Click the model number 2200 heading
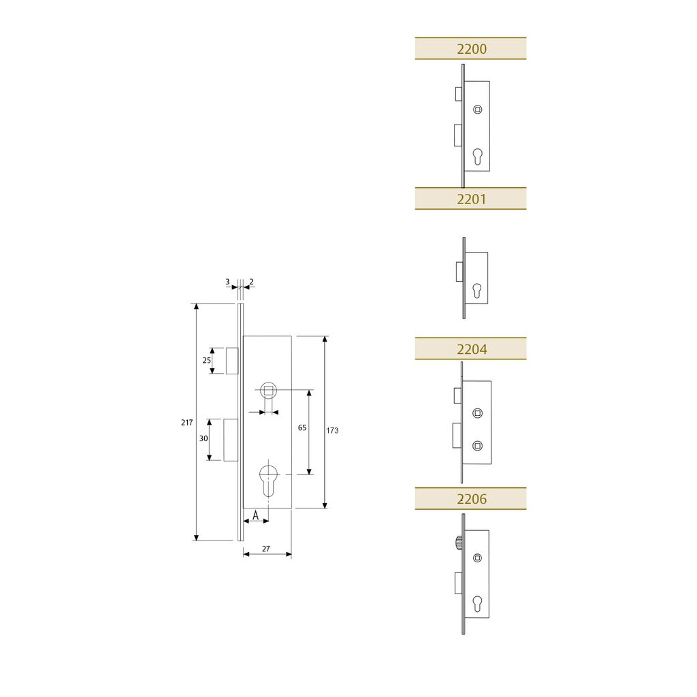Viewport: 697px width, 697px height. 471,49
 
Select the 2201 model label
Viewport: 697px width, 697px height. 471,199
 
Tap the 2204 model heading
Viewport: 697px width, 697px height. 471,349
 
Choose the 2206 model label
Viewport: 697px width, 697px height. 471,499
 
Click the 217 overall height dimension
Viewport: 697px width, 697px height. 187,422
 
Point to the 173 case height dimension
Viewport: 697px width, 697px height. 332,430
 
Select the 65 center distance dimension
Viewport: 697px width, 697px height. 302,427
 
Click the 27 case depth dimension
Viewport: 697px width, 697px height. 266,549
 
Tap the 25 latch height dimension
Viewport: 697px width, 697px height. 207,360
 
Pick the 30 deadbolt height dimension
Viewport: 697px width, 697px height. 204,438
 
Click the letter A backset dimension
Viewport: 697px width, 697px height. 256,515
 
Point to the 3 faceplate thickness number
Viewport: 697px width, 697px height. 227,282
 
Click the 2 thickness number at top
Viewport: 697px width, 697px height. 251,282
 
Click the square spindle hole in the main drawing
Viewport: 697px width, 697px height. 268,390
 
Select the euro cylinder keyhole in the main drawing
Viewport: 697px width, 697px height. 268,481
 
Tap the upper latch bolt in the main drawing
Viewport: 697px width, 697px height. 232,361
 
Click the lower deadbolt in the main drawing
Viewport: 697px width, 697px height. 231,440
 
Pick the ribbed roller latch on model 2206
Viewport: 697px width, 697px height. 458,542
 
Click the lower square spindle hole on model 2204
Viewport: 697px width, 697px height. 477,445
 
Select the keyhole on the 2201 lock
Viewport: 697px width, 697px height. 476,291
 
